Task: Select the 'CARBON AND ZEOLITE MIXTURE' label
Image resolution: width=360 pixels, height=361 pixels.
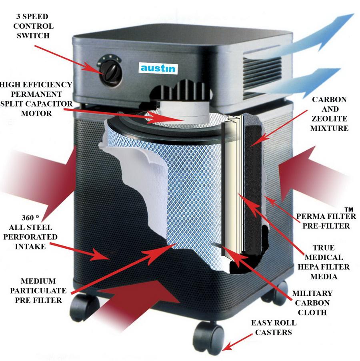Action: (330, 114)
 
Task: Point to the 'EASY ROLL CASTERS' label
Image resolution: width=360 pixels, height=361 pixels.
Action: (274, 327)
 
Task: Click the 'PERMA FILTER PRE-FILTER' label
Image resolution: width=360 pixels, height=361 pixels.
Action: (326, 221)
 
